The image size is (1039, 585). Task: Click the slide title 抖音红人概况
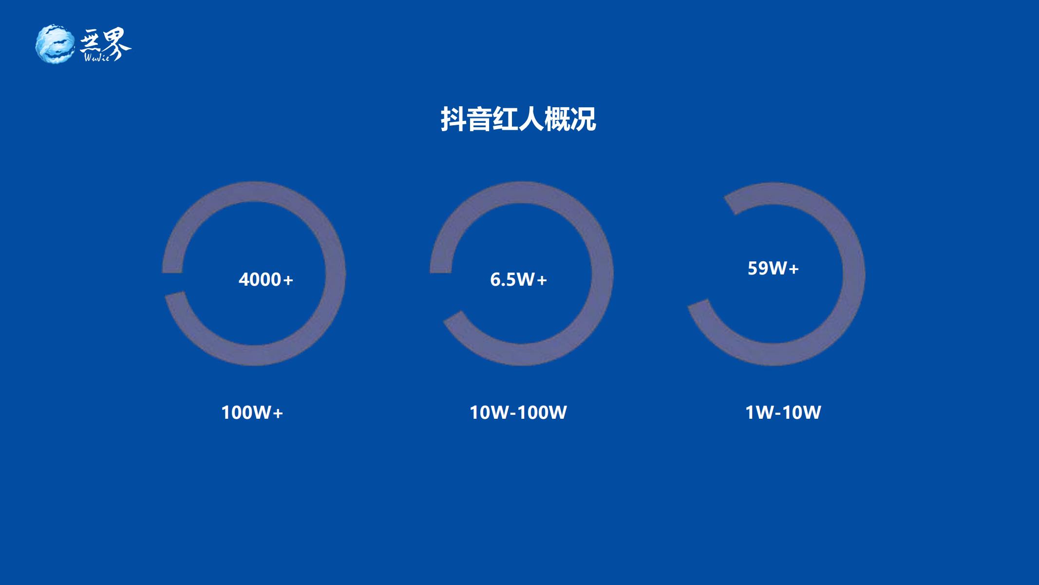point(518,119)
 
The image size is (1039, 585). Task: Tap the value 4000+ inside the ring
point(266,280)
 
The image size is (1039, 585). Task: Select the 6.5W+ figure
point(519,280)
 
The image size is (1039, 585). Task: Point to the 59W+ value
point(774,269)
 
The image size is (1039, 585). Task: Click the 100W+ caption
point(252,413)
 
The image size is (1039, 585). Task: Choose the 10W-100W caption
point(518,413)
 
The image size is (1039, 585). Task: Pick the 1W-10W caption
point(783,413)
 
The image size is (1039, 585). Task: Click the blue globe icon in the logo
point(55,44)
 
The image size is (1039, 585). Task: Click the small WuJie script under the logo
point(96,58)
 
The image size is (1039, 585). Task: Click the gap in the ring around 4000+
point(173,283)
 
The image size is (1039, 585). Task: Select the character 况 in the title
point(583,119)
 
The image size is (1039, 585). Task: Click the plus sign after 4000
point(288,280)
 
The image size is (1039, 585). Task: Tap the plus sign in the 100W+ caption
point(278,413)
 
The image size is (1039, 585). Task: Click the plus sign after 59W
point(793,269)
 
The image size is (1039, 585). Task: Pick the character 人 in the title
point(531,119)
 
